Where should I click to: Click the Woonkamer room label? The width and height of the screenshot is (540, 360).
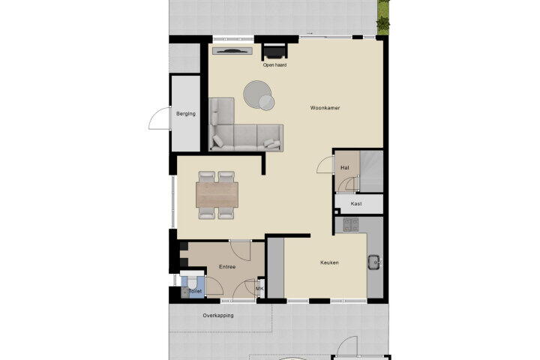click(325, 108)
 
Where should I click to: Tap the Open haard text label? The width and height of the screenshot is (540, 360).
click(274, 64)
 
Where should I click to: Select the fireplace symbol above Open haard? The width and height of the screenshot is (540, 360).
click(274, 52)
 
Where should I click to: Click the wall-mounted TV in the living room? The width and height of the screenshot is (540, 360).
click(232, 51)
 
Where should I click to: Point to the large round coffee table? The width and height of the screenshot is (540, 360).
click(256, 92)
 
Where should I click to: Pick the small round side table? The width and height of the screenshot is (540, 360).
click(266, 103)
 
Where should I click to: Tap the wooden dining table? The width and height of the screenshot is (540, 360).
click(217, 195)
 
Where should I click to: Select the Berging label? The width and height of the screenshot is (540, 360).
click(186, 114)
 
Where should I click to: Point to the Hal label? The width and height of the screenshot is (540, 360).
click(345, 168)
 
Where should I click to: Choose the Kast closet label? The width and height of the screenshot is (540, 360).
click(356, 203)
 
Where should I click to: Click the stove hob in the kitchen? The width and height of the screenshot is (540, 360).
click(350, 224)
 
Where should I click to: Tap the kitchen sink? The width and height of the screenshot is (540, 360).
click(373, 262)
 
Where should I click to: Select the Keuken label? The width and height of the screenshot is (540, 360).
click(329, 262)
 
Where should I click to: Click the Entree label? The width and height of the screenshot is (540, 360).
click(227, 267)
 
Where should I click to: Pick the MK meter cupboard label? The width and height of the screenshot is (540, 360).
click(259, 289)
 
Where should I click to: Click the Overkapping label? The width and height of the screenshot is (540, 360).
click(218, 315)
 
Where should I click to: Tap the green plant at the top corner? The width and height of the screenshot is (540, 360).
click(383, 17)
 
